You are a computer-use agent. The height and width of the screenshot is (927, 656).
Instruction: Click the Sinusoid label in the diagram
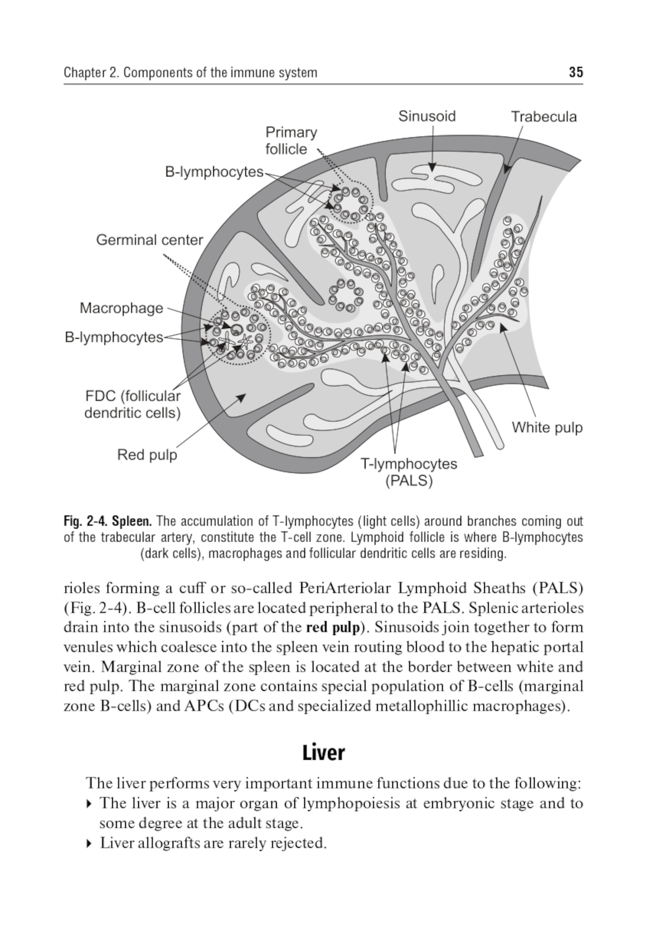(426, 117)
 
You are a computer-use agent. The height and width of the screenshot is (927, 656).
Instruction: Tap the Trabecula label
(544, 117)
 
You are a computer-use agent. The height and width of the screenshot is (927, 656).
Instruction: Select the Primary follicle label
(291, 140)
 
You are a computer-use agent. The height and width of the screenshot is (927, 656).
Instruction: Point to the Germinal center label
(150, 240)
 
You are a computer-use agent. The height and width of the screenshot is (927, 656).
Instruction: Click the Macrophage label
(121, 308)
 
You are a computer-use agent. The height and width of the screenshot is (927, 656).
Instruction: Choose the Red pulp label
(147, 455)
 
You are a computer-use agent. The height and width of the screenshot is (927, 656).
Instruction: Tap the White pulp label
(547, 428)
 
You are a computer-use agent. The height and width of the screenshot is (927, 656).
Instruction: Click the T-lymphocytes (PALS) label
(409, 472)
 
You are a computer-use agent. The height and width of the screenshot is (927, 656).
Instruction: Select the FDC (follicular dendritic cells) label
(133, 405)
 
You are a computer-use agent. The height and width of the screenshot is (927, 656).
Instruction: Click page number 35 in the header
(576, 72)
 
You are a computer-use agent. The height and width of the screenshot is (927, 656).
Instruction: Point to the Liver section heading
(323, 752)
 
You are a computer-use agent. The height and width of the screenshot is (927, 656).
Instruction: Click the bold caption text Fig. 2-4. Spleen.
(108, 522)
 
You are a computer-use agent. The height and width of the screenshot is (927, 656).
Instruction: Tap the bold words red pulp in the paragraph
(333, 627)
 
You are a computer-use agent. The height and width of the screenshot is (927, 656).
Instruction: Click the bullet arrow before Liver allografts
(89, 844)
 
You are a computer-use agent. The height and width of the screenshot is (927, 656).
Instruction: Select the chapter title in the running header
(190, 72)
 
